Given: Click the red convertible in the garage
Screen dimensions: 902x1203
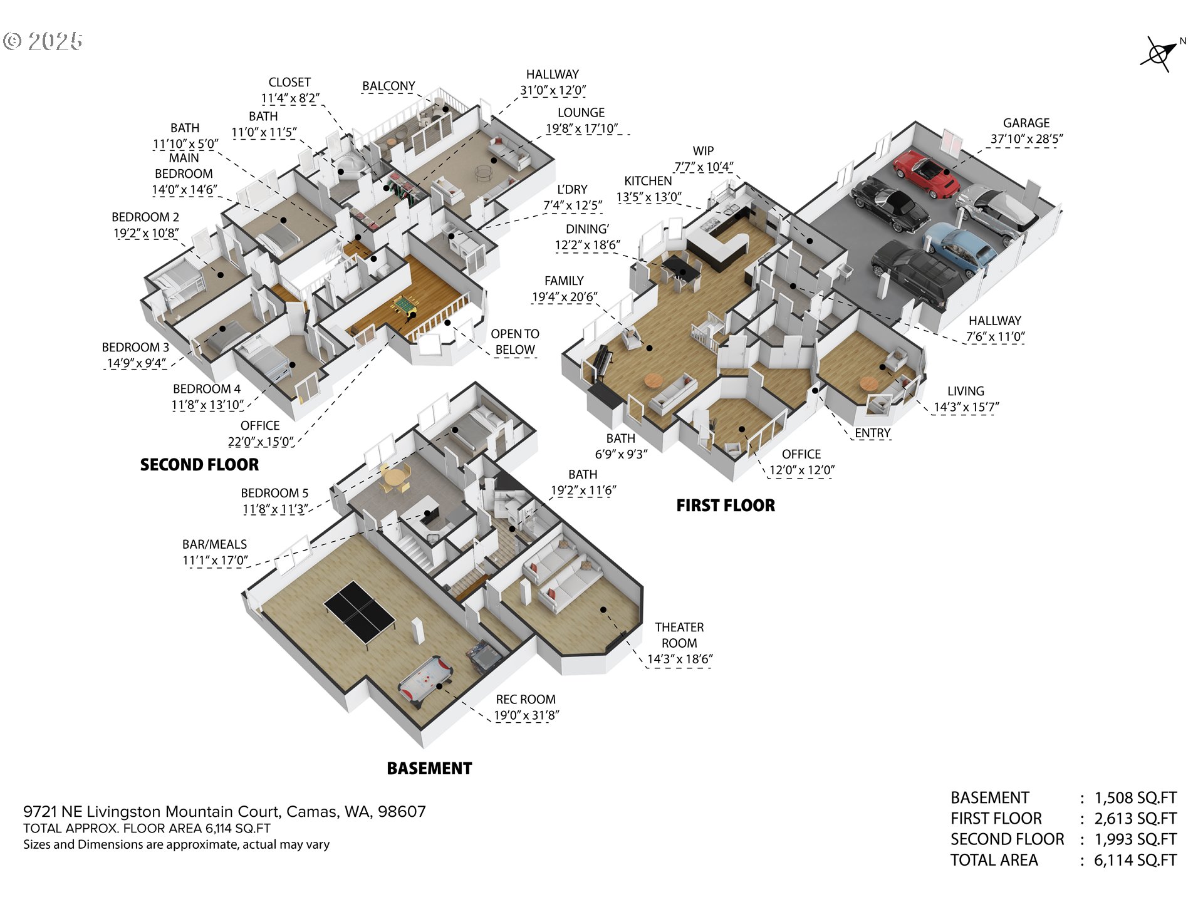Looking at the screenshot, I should pyautogui.click(x=925, y=174).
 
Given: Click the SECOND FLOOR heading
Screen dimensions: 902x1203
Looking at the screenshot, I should pyautogui.click(x=199, y=465).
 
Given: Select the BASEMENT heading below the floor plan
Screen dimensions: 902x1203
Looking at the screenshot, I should pyautogui.click(x=429, y=769).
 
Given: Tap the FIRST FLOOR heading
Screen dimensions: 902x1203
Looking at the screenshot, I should pyautogui.click(x=725, y=505).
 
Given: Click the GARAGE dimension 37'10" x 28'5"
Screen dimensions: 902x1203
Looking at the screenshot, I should pyautogui.click(x=1026, y=139).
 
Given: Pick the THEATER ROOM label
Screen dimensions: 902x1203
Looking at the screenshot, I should pyautogui.click(x=679, y=635).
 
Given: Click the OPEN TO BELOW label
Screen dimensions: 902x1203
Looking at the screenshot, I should pyautogui.click(x=514, y=342).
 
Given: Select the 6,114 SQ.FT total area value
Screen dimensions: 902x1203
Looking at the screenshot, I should pyautogui.click(x=1135, y=861).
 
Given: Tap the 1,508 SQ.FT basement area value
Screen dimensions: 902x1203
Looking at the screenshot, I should pyautogui.click(x=1135, y=798).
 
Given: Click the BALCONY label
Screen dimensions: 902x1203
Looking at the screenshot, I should pyautogui.click(x=388, y=86).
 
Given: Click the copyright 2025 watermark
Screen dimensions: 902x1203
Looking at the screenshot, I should pyautogui.click(x=43, y=41).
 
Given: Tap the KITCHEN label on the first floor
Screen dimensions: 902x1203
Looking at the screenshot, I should pyautogui.click(x=648, y=181).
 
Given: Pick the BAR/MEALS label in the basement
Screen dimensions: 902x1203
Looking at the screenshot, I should pyautogui.click(x=214, y=544).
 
